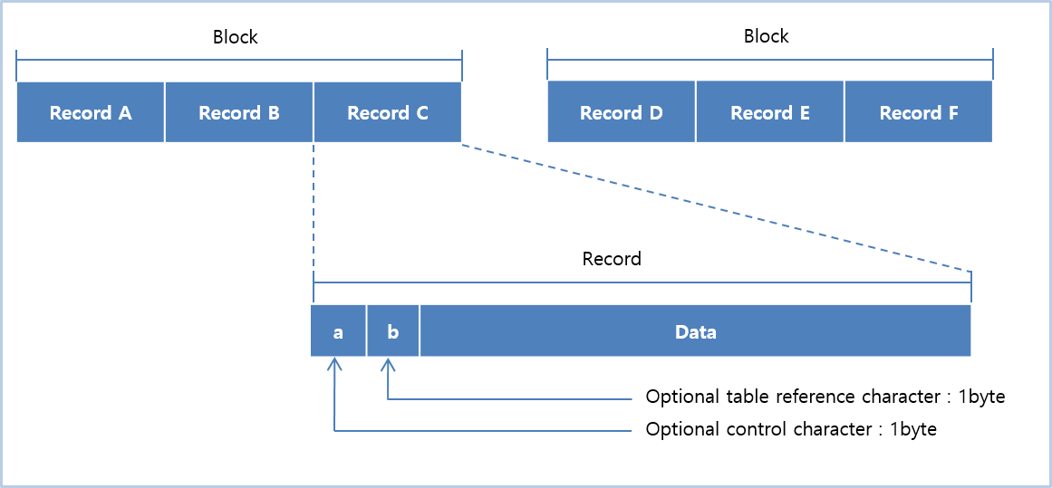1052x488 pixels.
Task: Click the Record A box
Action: click(x=91, y=113)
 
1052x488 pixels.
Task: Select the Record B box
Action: click(x=239, y=113)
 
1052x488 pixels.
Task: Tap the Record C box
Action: click(x=388, y=113)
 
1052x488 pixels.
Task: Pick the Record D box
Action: click(x=622, y=113)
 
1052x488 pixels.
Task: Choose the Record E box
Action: click(x=770, y=113)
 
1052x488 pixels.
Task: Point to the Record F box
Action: click(x=919, y=113)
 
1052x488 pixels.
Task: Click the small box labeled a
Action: click(x=338, y=331)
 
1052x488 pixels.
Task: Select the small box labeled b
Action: click(x=392, y=331)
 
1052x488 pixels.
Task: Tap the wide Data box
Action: click(x=695, y=331)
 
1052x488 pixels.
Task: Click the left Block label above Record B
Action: click(x=236, y=37)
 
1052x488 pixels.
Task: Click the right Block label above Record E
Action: click(x=767, y=37)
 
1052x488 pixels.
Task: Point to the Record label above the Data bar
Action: click(x=612, y=259)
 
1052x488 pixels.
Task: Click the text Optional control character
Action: click(x=758, y=429)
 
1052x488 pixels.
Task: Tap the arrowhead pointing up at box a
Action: click(x=335, y=363)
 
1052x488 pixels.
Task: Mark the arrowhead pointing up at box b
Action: click(x=388, y=363)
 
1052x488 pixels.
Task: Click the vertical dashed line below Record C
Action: click(x=314, y=208)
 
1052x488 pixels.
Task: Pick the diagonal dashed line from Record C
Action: click(x=716, y=208)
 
